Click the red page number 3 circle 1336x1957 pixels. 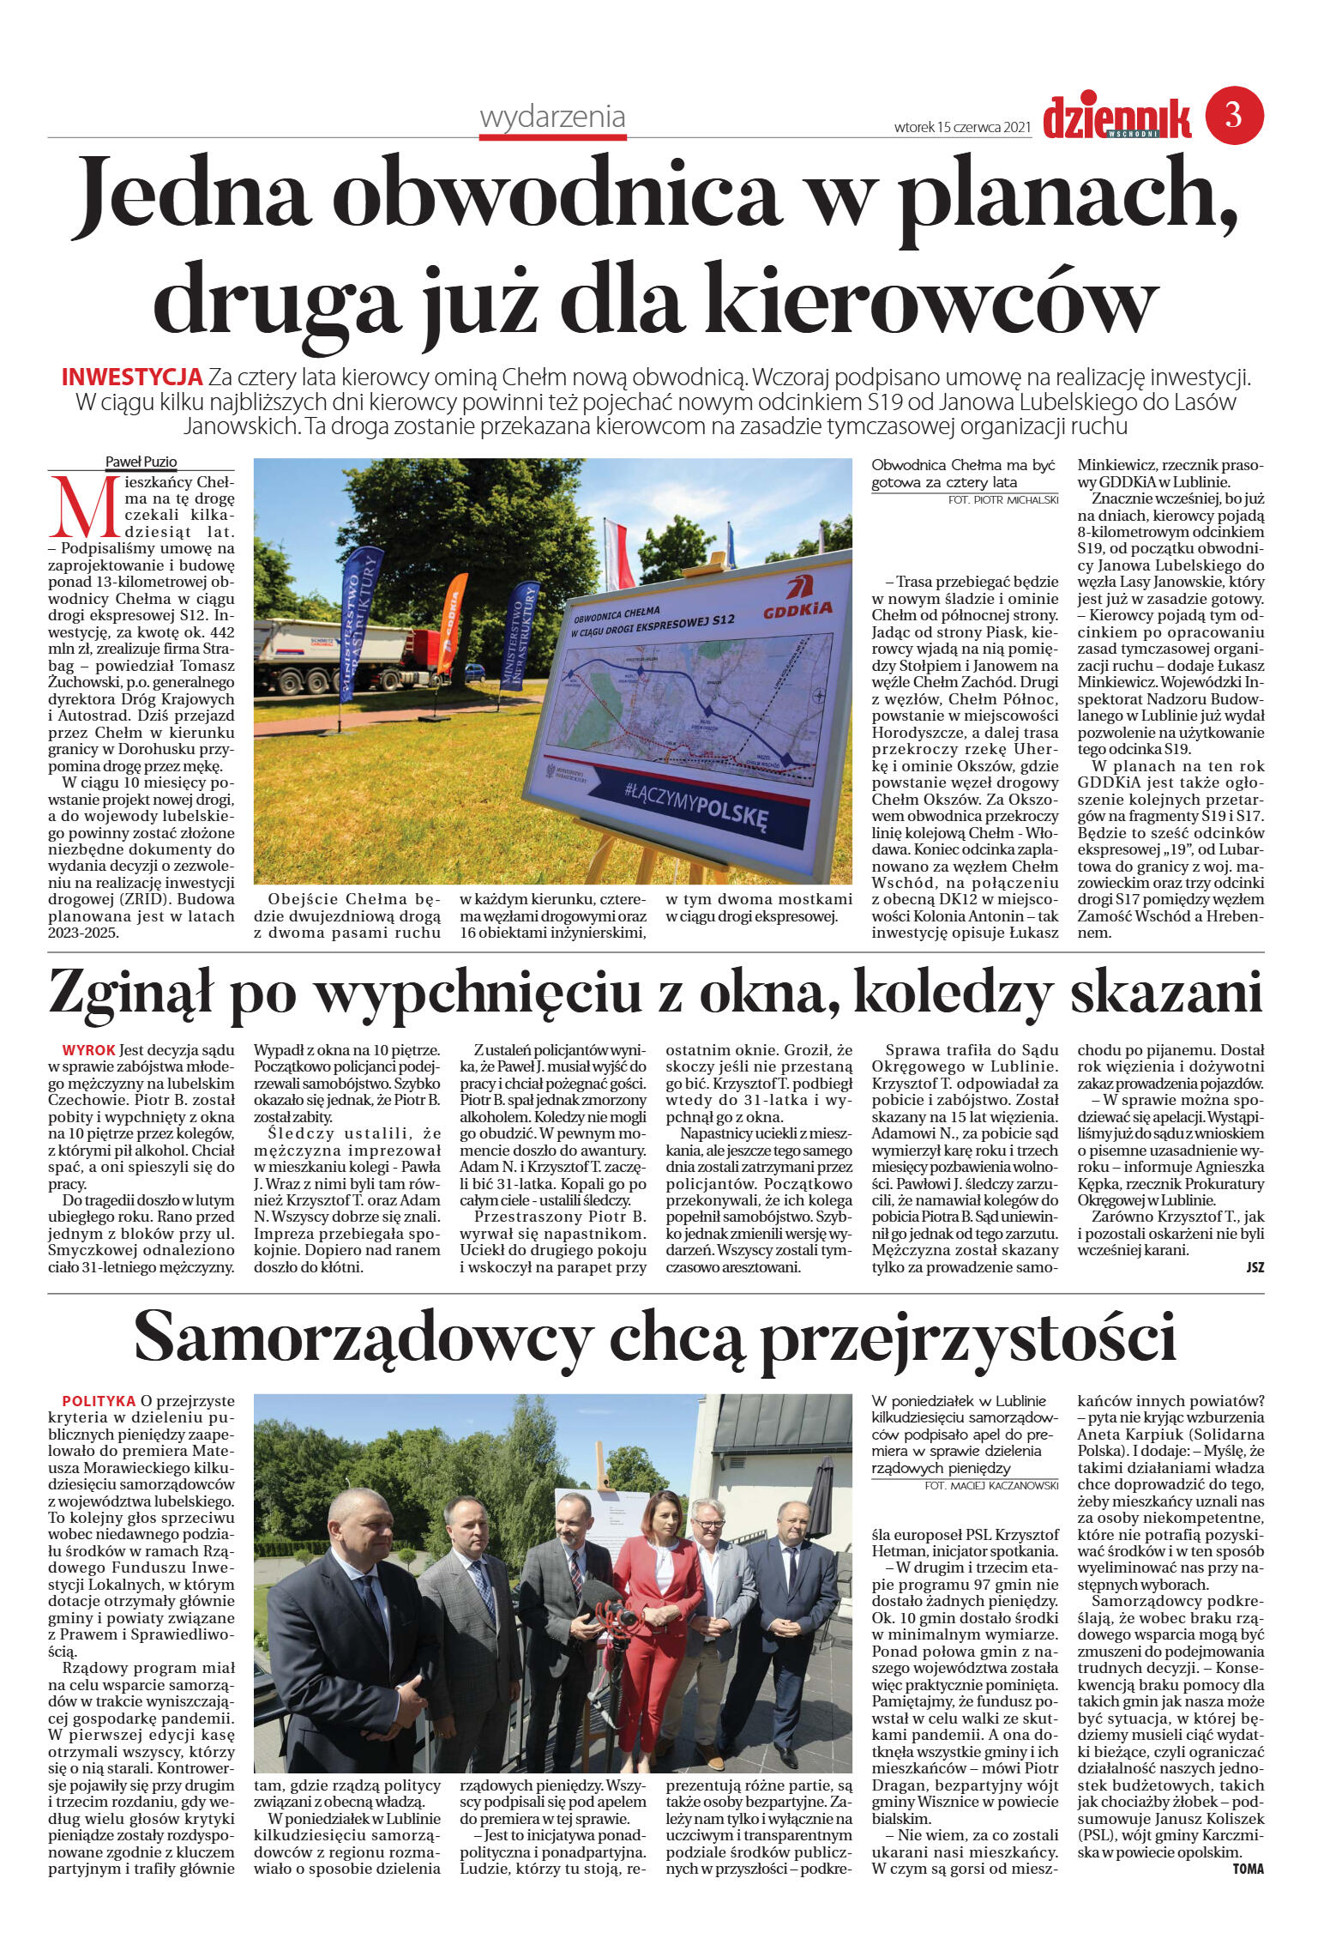1234,115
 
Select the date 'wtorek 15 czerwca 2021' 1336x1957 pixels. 961,127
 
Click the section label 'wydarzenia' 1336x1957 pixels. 552,118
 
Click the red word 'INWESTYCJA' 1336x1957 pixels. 132,377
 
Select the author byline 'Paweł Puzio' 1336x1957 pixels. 141,462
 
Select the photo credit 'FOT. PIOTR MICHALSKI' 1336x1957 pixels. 1003,499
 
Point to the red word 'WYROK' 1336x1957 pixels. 88,1050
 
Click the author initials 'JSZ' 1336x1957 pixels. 1255,1267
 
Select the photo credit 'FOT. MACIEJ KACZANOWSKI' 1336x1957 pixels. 991,1485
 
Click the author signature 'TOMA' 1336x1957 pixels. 1248,1869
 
